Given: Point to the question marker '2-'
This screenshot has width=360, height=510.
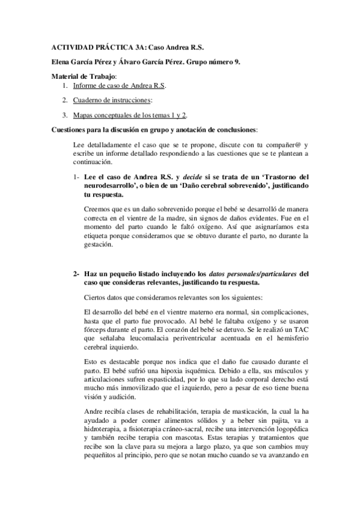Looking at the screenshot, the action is click(x=76, y=274).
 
